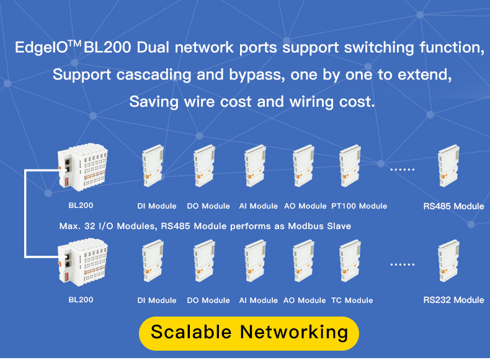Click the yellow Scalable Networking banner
(249, 332)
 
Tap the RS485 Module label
(453, 206)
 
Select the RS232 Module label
(453, 300)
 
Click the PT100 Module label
(359, 206)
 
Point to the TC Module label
(352, 300)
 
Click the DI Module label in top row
(157, 206)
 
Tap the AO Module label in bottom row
(305, 300)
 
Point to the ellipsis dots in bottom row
(401, 264)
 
